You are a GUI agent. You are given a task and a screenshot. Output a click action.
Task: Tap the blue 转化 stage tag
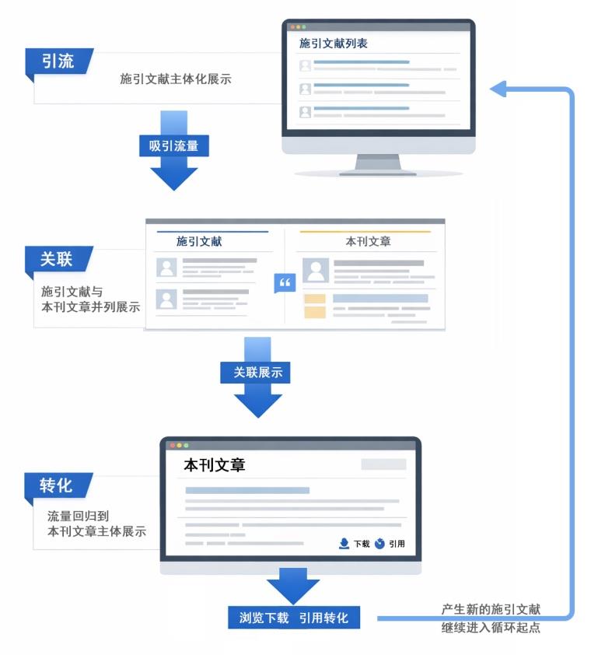57,485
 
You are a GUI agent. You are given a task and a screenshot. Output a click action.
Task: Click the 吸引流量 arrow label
174,145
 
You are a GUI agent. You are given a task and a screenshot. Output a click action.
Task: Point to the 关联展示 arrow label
258,373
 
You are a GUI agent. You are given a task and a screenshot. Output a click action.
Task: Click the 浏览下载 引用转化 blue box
294,618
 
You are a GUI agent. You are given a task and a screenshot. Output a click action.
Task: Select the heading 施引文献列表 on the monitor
334,44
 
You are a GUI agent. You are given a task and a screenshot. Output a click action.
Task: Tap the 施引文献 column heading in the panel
199,242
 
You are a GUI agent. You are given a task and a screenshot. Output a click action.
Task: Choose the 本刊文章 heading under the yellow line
368,242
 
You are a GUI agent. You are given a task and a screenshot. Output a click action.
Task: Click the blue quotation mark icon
285,283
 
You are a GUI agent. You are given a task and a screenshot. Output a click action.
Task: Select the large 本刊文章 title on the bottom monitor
214,466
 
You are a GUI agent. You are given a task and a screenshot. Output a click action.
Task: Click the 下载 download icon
344,543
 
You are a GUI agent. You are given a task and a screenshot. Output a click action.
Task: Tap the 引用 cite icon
379,543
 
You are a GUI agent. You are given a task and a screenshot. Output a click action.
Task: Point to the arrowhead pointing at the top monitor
497,89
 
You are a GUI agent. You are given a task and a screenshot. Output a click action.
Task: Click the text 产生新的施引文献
491,610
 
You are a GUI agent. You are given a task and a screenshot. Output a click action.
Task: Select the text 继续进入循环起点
491,627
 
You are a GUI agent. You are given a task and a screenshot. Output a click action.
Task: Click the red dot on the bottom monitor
172,445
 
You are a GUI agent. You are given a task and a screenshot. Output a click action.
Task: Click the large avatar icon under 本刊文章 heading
315,271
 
